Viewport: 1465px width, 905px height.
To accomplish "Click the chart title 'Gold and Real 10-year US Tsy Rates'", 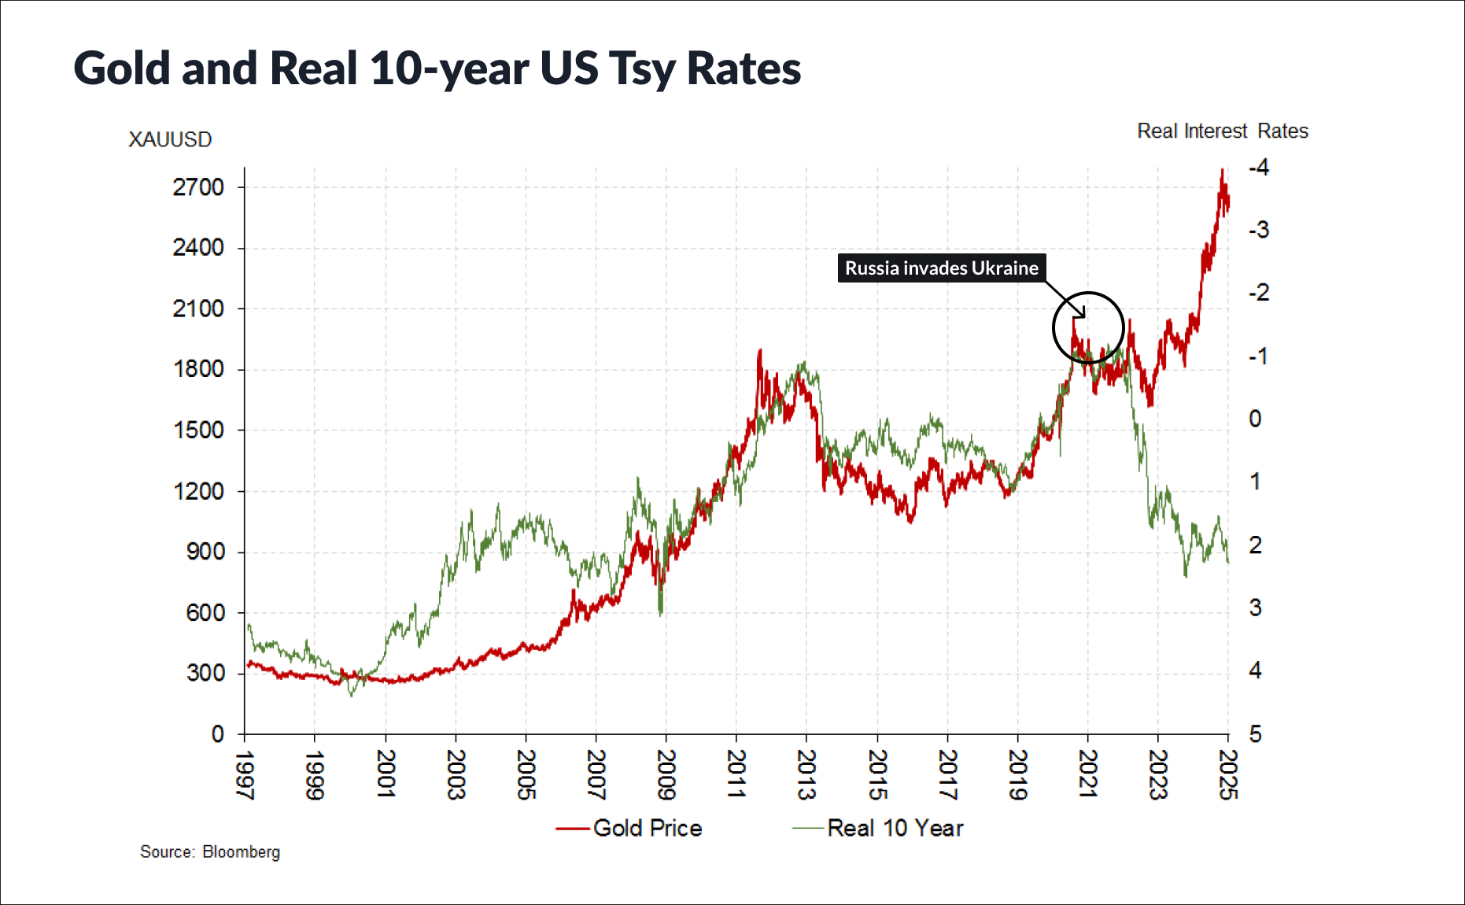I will tap(437, 68).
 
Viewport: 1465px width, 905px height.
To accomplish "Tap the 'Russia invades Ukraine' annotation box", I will tap(941, 268).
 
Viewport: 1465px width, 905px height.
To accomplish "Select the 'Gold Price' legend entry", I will tap(629, 828).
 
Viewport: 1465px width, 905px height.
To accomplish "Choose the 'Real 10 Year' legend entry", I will tap(878, 828).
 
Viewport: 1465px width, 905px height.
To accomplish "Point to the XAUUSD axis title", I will tap(170, 139).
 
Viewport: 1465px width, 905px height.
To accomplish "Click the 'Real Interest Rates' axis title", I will tap(1222, 131).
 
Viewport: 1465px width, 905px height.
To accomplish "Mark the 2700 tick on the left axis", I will tap(198, 187).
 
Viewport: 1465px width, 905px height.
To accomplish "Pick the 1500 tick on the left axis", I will tap(198, 430).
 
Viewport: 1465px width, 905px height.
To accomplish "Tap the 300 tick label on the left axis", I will tap(205, 673).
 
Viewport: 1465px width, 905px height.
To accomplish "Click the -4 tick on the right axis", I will tap(1258, 167).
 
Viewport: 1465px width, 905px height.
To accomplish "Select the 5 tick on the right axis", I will tap(1255, 734).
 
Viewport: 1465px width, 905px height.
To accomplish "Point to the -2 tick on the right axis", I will tap(1258, 293).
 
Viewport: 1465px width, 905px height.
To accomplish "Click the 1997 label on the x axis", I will tap(245, 774).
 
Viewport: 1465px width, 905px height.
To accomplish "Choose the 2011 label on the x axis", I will tap(736, 774).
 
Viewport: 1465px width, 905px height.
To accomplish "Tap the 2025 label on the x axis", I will tap(1227, 774).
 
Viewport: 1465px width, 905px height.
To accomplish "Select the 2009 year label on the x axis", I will tap(666, 774).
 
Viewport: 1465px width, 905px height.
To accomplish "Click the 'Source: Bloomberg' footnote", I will tap(209, 851).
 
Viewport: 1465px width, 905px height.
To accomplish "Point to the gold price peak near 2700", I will tap(1222, 171).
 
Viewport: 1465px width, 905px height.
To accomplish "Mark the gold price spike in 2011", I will tap(759, 351).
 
